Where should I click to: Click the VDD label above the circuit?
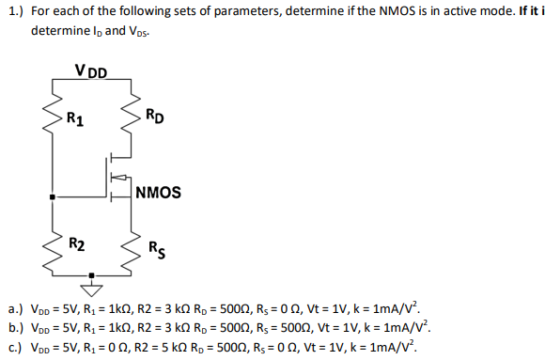pos(90,70)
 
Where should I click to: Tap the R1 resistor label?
pos(74,118)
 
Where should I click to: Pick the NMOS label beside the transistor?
pos(158,194)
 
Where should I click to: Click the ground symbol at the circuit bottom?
pos(91,279)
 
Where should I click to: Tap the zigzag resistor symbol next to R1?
pos(52,118)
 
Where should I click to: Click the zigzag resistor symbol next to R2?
pos(52,248)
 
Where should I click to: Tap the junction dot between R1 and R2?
pos(52,197)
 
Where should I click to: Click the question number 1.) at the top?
pos(14,12)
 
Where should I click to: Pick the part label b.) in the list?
pos(15,327)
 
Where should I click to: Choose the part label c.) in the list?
pos(15,346)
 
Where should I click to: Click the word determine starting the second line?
pos(61,30)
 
